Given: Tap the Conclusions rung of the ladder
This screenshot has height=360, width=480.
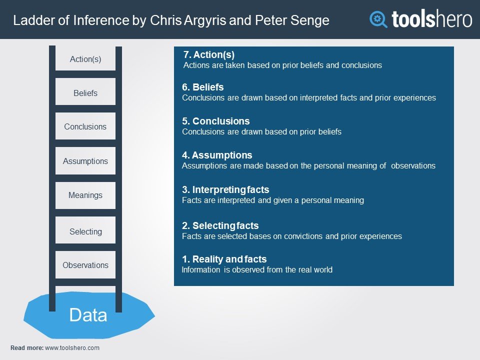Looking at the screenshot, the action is click(x=85, y=126).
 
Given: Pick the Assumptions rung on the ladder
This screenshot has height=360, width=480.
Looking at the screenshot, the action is click(x=85, y=160).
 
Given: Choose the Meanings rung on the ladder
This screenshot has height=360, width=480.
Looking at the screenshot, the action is click(x=85, y=195).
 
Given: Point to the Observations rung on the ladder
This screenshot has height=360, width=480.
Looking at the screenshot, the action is click(x=85, y=265).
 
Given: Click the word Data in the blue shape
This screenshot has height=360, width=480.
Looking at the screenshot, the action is click(x=88, y=315).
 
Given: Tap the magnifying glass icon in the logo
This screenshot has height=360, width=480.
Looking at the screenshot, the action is click(x=378, y=19).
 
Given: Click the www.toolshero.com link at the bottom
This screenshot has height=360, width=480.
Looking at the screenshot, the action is click(x=72, y=348).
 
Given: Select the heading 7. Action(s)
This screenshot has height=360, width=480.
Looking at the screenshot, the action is click(x=209, y=54).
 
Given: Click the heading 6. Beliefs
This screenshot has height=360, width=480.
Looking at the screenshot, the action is click(x=202, y=87).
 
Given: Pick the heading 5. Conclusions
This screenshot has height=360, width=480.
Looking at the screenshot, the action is click(x=216, y=121).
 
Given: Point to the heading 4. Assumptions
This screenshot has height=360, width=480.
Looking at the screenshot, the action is click(x=217, y=155).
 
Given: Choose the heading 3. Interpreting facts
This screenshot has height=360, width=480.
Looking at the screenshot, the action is click(x=225, y=190).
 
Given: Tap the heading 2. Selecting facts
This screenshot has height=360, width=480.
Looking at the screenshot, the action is click(x=220, y=225).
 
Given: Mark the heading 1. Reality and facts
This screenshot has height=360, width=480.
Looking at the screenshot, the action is click(x=224, y=259).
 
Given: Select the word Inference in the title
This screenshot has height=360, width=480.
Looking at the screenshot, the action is click(x=101, y=20).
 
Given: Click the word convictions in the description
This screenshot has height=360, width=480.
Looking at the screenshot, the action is click(x=303, y=236).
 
